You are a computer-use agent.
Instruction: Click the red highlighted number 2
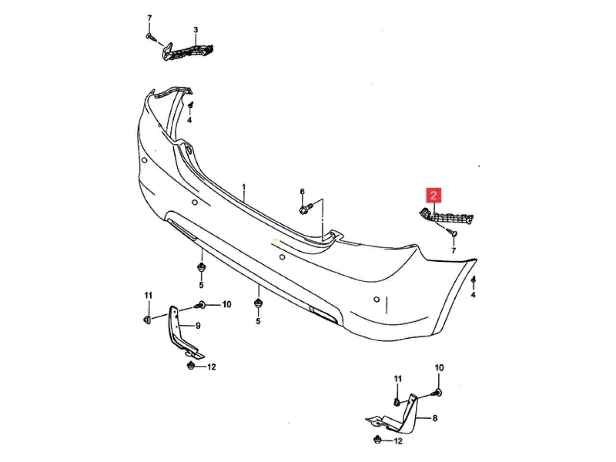click(x=433, y=195)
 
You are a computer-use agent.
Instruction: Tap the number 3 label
click(x=195, y=29)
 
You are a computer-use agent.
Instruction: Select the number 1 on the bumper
click(x=244, y=187)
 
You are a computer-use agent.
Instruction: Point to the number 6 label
click(x=302, y=192)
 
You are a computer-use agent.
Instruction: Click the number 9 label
click(x=198, y=326)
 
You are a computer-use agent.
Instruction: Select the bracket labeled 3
click(x=187, y=52)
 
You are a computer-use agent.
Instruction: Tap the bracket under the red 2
click(x=446, y=218)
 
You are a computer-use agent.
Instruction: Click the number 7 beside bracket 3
click(x=149, y=18)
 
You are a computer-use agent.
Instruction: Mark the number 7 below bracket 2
click(x=453, y=250)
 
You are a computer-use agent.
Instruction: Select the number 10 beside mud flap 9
click(x=227, y=304)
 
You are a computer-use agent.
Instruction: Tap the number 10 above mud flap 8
click(x=439, y=368)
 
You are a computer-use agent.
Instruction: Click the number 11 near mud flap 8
click(x=398, y=379)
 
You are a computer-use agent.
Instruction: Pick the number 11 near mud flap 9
click(x=148, y=295)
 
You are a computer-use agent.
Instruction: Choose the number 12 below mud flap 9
click(x=211, y=367)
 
